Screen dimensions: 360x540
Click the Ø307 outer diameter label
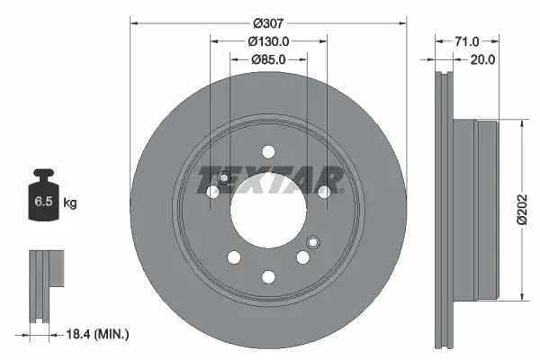tap(267, 22)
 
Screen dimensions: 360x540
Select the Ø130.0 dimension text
tap(267, 41)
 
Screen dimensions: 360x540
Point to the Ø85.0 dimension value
tap(267, 60)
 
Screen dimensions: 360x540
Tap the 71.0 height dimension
tap(466, 41)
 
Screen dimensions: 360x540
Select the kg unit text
tap(70, 203)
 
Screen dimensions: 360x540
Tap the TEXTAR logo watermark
tap(269, 178)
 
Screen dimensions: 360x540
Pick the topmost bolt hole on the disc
tap(267, 151)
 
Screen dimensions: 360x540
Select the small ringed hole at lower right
tap(313, 241)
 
